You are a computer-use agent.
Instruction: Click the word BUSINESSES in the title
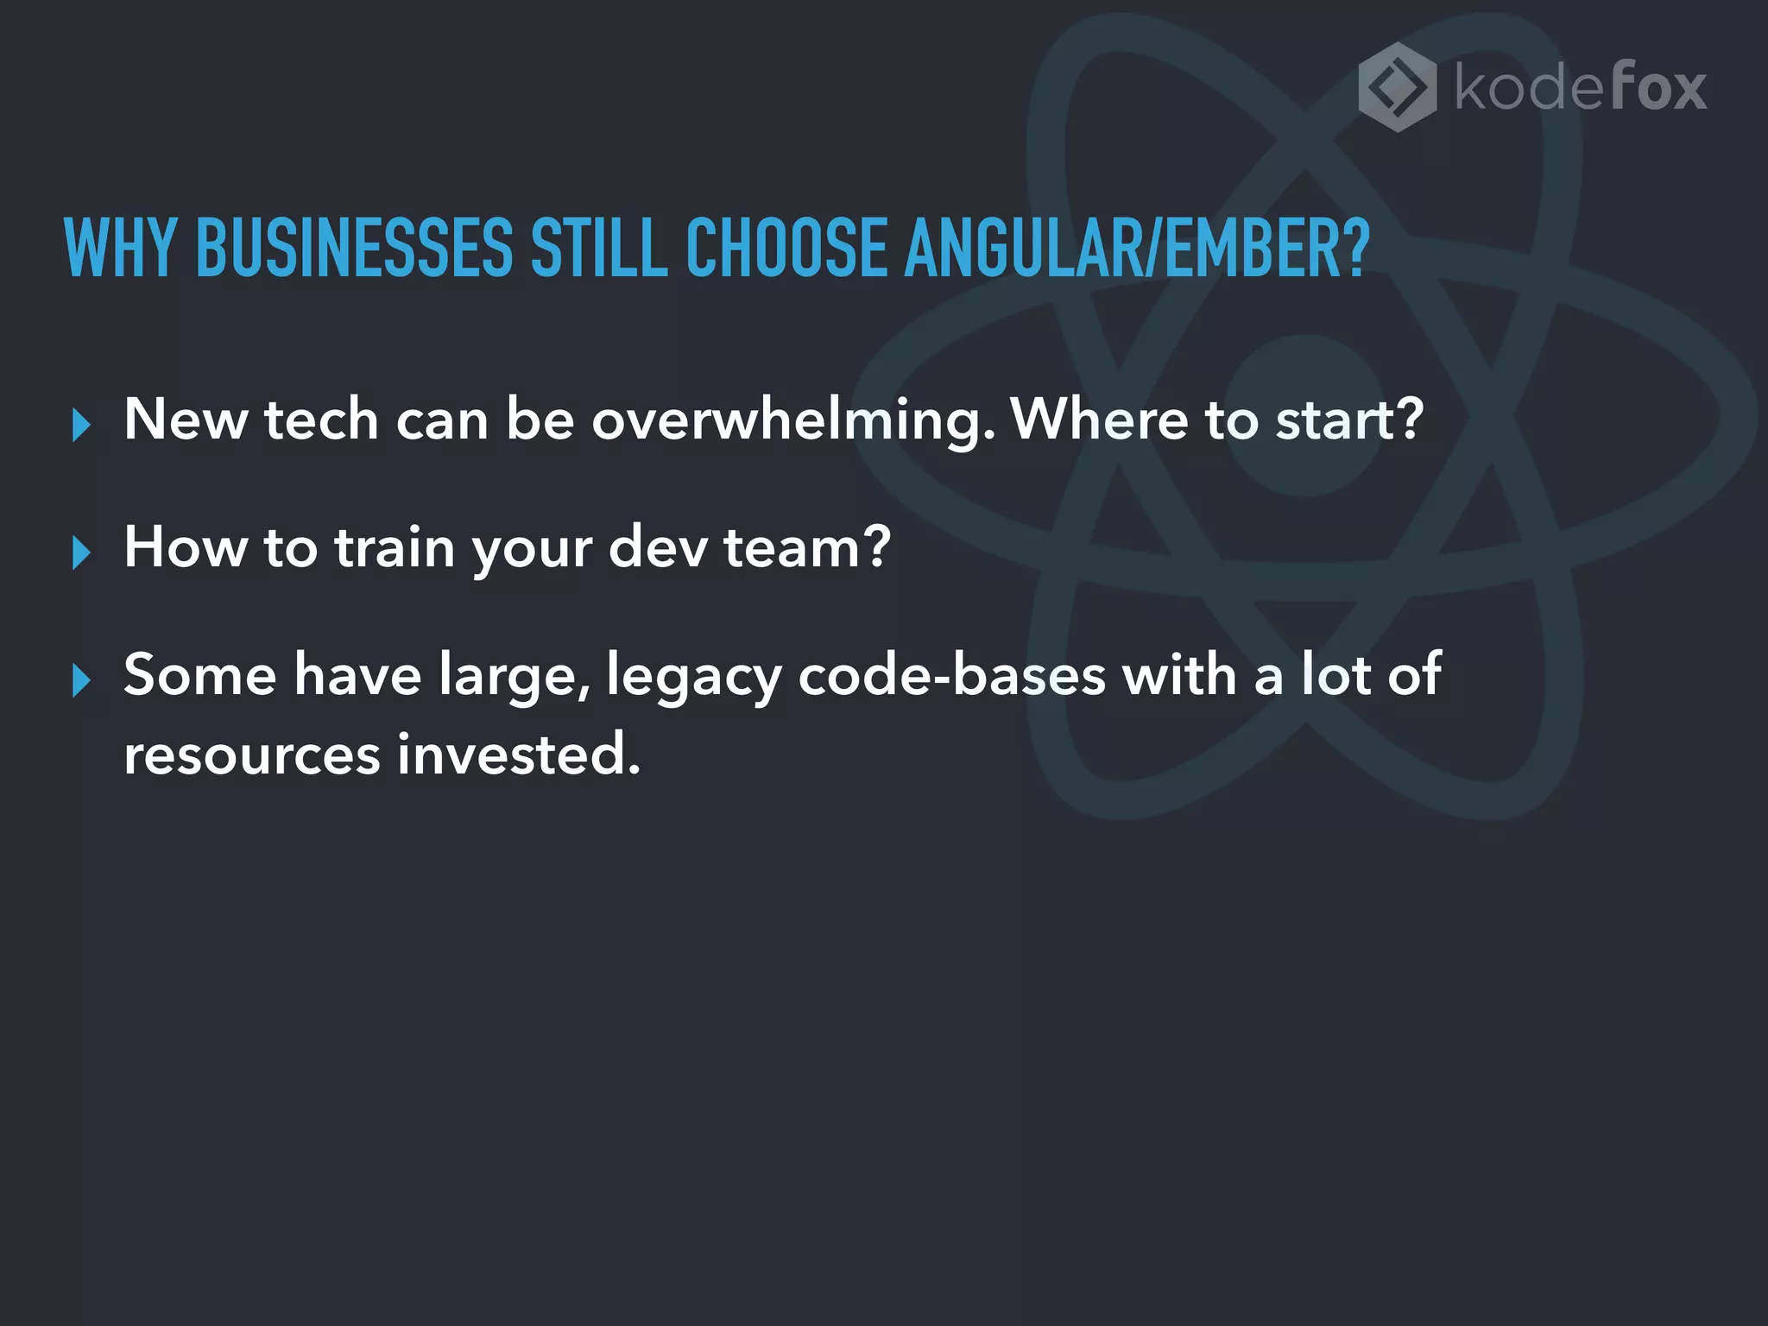click(355, 249)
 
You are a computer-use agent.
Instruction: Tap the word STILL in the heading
click(599, 249)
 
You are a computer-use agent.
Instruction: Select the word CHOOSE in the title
click(786, 249)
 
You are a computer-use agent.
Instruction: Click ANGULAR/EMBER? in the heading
click(1137, 249)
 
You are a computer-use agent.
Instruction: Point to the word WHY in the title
click(120, 249)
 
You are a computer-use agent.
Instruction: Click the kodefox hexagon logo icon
click(1397, 87)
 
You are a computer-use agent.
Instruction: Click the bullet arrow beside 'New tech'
click(81, 426)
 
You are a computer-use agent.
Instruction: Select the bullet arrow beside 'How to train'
click(81, 552)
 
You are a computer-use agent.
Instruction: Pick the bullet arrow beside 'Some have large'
click(81, 680)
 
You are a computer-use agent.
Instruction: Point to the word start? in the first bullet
click(1349, 420)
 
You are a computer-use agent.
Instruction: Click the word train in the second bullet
click(395, 547)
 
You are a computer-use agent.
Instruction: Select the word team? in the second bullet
click(806, 547)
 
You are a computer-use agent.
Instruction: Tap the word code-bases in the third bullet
click(951, 675)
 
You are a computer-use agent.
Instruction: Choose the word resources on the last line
click(251, 755)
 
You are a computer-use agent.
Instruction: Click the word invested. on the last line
click(518, 755)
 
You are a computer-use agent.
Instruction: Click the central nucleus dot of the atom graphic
click(1305, 417)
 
